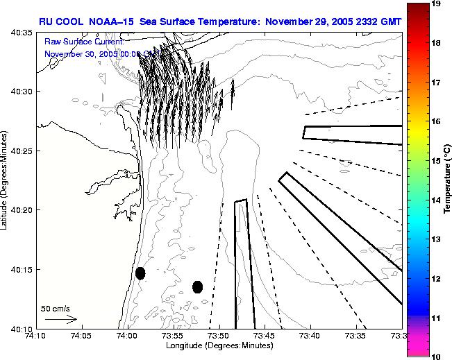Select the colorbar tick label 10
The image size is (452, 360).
(x=437, y=355)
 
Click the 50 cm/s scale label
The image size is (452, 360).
(x=54, y=307)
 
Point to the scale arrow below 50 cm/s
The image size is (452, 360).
(x=61, y=319)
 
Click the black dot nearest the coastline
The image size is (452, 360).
(x=140, y=273)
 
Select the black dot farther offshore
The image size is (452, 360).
(x=197, y=286)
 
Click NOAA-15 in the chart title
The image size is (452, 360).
(x=117, y=22)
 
